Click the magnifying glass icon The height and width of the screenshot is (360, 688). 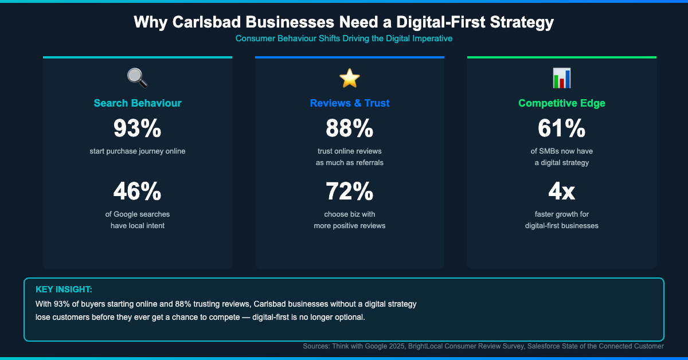point(138,77)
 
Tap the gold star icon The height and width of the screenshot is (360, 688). point(350,77)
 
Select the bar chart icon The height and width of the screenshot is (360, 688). point(562,77)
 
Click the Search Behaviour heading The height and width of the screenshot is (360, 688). point(138,103)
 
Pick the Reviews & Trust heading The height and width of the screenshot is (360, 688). point(350,103)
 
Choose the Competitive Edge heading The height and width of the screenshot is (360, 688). point(562,103)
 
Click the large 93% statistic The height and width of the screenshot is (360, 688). point(138,128)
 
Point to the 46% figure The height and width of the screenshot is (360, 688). point(138,191)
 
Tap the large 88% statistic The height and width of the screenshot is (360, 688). point(350,128)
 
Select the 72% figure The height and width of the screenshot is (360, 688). point(350,191)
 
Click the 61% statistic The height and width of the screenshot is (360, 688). point(562,128)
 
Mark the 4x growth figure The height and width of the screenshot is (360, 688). point(562,191)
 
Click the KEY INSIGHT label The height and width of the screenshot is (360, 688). point(64,289)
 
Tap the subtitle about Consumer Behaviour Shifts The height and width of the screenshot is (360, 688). point(344,39)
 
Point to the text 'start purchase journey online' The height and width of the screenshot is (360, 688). point(138,151)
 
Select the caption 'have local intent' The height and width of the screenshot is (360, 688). point(138,226)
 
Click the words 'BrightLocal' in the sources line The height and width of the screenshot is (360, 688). point(428,346)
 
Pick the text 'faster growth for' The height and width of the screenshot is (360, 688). point(562,214)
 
